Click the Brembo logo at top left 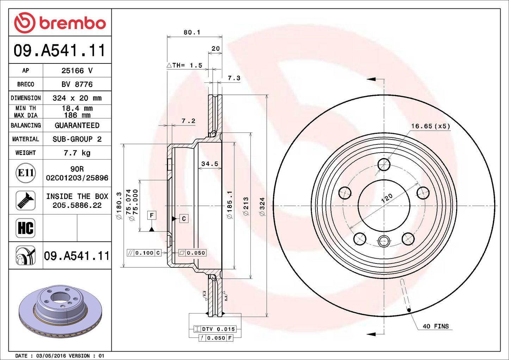pyautogui.click(x=60, y=23)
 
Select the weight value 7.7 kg pyautogui.click(x=77, y=153)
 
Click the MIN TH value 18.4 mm pyautogui.click(x=77, y=108)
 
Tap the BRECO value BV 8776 pyautogui.click(x=77, y=85)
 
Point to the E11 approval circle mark pyautogui.click(x=26, y=173)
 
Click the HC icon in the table pyautogui.click(x=26, y=228)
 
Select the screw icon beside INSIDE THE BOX pyautogui.click(x=26, y=200)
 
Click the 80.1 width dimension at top pyautogui.click(x=192, y=32)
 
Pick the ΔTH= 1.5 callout pyautogui.click(x=185, y=66)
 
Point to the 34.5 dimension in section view pyautogui.click(x=210, y=164)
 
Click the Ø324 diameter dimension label pyautogui.click(x=262, y=206)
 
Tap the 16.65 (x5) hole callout pyautogui.click(x=430, y=126)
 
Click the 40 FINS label pyautogui.click(x=435, y=327)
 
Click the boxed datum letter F pyautogui.click(x=152, y=215)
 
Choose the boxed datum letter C pyautogui.click(x=184, y=219)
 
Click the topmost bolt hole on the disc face pyautogui.click(x=384, y=164)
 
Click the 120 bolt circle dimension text pyautogui.click(x=387, y=198)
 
